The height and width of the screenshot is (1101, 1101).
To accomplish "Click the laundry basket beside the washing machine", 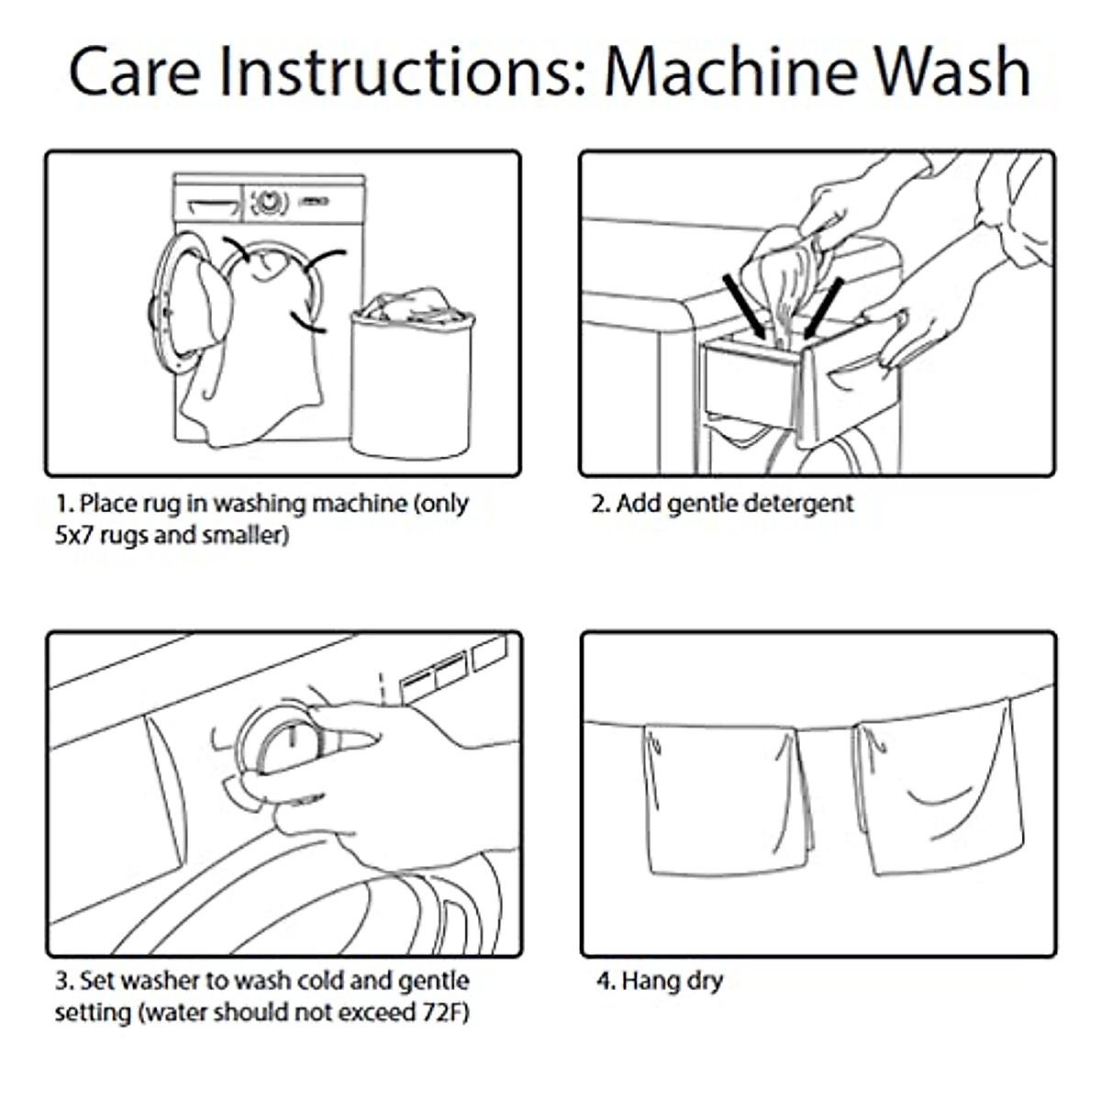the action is (x=413, y=373).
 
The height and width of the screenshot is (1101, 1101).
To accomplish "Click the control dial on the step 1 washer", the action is (x=267, y=202).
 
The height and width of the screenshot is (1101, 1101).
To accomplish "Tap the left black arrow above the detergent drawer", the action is (x=744, y=306).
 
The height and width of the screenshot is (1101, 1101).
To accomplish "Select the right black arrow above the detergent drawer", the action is (x=823, y=308).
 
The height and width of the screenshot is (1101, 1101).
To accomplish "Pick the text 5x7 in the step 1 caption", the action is (x=74, y=535).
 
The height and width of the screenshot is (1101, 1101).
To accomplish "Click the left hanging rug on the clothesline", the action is (x=727, y=800).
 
